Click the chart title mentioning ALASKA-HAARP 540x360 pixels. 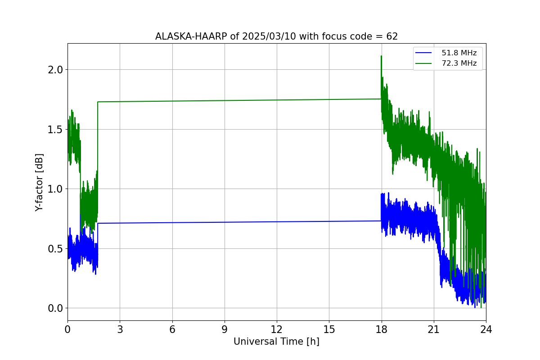(276, 36)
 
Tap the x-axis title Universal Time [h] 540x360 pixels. (276, 342)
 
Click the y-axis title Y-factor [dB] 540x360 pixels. (40, 182)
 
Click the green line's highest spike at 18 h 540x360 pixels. (381, 56)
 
